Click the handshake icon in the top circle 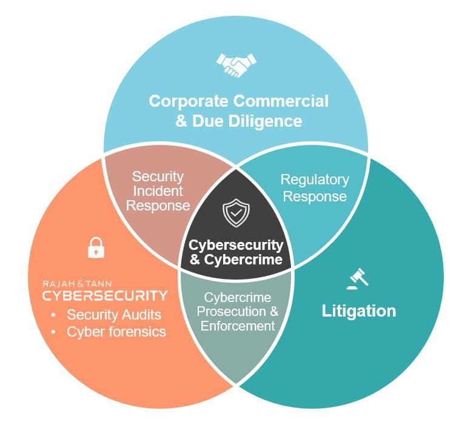pos(236,65)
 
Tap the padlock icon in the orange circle pos(96,247)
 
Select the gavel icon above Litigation pos(358,278)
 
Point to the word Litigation pos(358,311)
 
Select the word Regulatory pos(315,180)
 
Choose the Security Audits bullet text pos(114,315)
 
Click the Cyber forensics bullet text pos(116,332)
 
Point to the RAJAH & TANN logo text pos(77,283)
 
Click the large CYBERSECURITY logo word pos(104,295)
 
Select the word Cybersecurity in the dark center pos(236,245)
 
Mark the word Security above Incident pos(158,176)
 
